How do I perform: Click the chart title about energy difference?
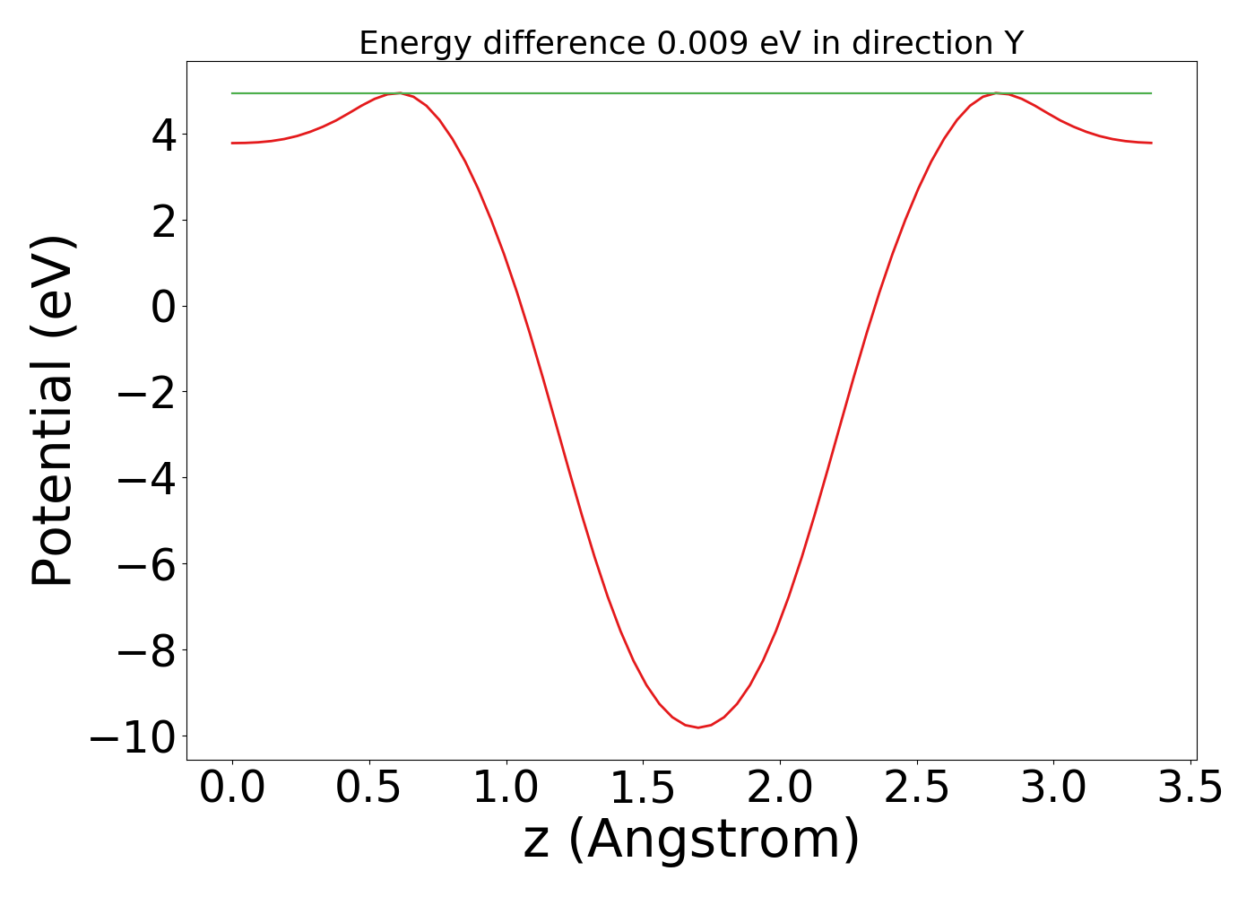pyautogui.click(x=690, y=43)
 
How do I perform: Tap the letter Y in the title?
pyautogui.click(x=1013, y=43)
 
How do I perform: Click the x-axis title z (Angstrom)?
pyautogui.click(x=691, y=840)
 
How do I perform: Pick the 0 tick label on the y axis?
pyautogui.click(x=163, y=307)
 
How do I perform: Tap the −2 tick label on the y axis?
pyautogui.click(x=149, y=393)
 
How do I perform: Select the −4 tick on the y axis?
pyautogui.click(x=149, y=479)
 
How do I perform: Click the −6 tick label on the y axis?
pyautogui.click(x=149, y=565)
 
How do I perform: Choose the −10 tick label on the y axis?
pyautogui.click(x=134, y=737)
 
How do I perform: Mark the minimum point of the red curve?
pyautogui.click(x=698, y=727)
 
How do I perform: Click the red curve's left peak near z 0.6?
pyautogui.click(x=397, y=93)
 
